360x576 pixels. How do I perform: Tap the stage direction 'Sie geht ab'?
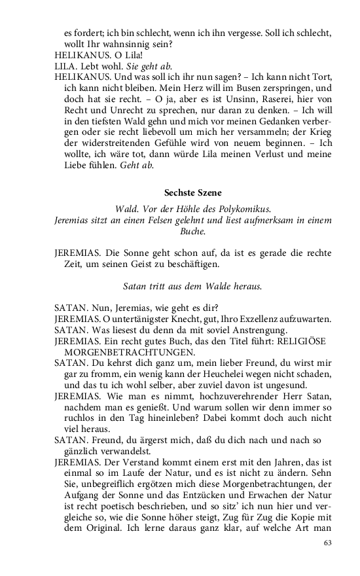(149, 65)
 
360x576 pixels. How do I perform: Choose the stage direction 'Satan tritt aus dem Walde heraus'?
(192, 286)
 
